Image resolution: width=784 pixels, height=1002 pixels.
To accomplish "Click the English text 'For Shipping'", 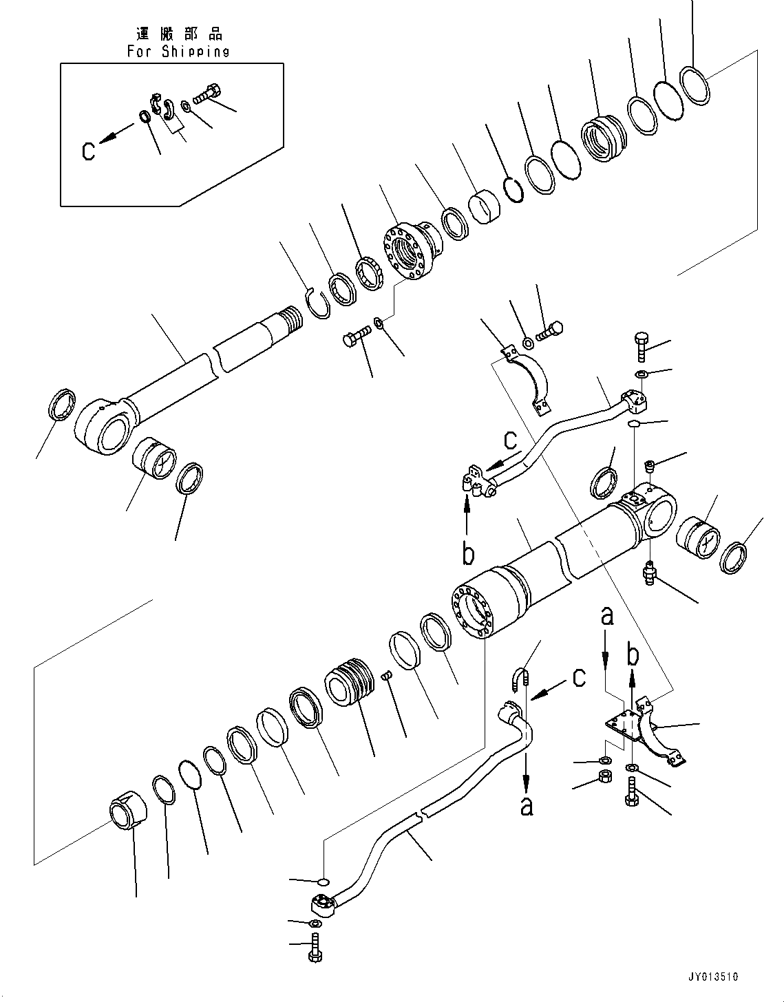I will coord(178,51).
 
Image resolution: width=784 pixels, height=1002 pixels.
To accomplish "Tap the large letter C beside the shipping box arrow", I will coord(88,150).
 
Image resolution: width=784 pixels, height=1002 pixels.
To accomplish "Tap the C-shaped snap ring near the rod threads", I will coord(317,303).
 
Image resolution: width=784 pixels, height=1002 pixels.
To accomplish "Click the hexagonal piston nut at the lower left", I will coord(129,816).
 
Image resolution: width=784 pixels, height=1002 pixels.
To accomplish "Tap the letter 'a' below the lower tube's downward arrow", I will coord(527,805).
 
